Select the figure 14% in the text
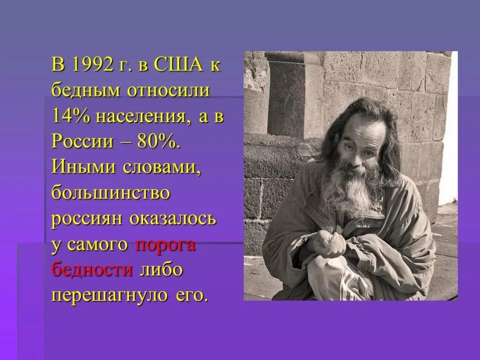tap(72, 116)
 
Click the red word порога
tap(165, 245)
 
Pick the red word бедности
tap(92, 270)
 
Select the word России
tap(82, 142)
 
